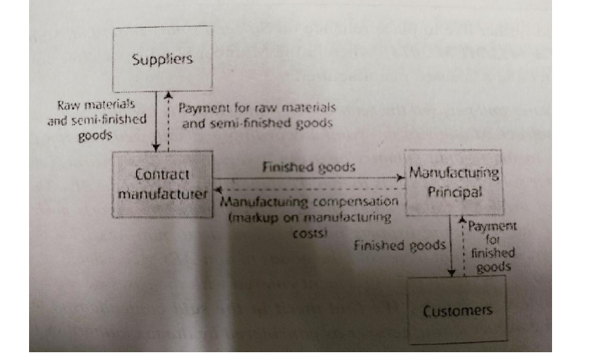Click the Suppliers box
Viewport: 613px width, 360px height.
(x=162, y=59)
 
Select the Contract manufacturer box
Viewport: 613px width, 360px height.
(x=163, y=183)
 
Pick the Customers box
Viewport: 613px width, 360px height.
(x=457, y=310)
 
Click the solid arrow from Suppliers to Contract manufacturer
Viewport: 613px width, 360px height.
(x=155, y=121)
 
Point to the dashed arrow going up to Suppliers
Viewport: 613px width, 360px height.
(x=167, y=121)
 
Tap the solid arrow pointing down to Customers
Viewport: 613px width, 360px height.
(x=451, y=245)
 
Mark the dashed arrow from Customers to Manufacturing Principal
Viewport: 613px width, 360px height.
(x=463, y=245)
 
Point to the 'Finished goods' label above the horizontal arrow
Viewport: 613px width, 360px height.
(x=308, y=168)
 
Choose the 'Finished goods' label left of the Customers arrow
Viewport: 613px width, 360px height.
(x=399, y=246)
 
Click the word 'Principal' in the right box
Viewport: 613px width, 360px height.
(x=453, y=191)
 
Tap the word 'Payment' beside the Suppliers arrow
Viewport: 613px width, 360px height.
(x=203, y=108)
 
